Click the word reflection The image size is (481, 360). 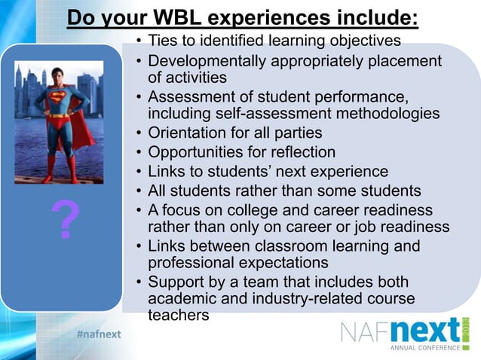298,152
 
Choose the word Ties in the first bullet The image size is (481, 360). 164,39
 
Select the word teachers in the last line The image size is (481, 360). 179,316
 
